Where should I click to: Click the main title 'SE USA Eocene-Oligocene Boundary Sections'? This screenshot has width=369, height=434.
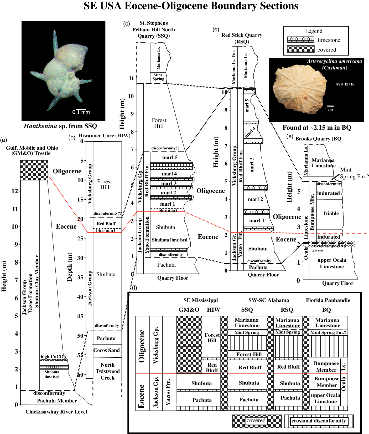coord(191,6)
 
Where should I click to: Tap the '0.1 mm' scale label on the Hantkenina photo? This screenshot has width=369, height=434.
coord(81,112)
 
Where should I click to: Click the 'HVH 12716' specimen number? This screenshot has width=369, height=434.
coord(345,84)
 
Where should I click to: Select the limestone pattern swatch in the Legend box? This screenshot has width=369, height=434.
coord(300,40)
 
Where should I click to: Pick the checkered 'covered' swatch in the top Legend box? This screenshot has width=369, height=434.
coord(300,49)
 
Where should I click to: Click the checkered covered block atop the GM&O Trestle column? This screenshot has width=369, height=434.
coord(34,170)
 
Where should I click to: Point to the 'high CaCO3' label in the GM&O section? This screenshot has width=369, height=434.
coord(53,357)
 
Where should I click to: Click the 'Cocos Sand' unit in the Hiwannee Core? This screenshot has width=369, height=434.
coord(106,350)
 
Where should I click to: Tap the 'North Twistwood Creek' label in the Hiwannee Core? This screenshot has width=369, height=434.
coord(108,371)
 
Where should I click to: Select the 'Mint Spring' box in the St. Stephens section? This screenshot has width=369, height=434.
coord(158,77)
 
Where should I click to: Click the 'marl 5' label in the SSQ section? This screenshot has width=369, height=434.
coord(170,157)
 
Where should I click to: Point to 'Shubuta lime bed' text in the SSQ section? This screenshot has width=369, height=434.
coord(169,240)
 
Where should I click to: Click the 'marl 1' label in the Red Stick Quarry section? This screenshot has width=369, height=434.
coord(257,220)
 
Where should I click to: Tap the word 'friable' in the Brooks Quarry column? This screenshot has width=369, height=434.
coord(331,213)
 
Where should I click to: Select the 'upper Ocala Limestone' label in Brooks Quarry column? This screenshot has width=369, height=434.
coord(332,263)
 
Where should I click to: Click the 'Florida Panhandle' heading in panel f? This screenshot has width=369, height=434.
coord(328,300)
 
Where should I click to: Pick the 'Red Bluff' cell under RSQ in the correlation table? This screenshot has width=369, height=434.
coord(288,367)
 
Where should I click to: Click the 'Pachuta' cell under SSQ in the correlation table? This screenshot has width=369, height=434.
coord(248,400)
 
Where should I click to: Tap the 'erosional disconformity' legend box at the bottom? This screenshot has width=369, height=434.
coord(318,421)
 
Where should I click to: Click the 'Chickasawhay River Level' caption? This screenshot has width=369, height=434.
coord(56,412)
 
